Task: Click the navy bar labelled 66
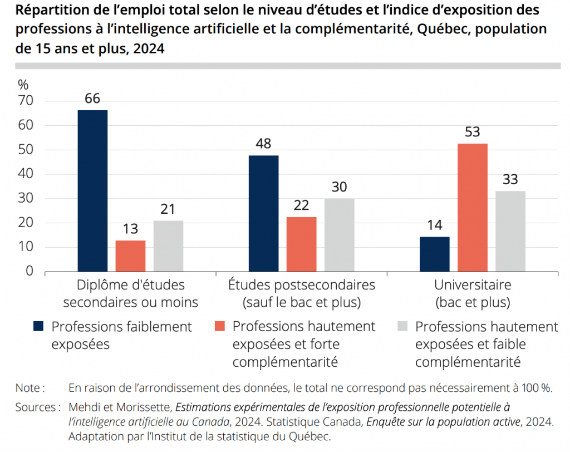(x=92, y=190)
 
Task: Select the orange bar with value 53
(x=473, y=207)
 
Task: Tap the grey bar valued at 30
(x=340, y=235)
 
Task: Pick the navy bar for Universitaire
(x=435, y=254)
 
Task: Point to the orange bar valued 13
(x=131, y=256)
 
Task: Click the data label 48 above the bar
(x=263, y=144)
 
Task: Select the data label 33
(x=510, y=180)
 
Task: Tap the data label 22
(x=301, y=205)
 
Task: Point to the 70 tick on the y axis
(x=26, y=101)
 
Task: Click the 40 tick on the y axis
(x=26, y=174)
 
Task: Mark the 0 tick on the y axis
(x=30, y=271)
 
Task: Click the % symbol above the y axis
(x=23, y=85)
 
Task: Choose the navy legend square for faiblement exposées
(x=38, y=326)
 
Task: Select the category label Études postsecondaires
(x=302, y=285)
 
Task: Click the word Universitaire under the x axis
(x=473, y=285)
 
